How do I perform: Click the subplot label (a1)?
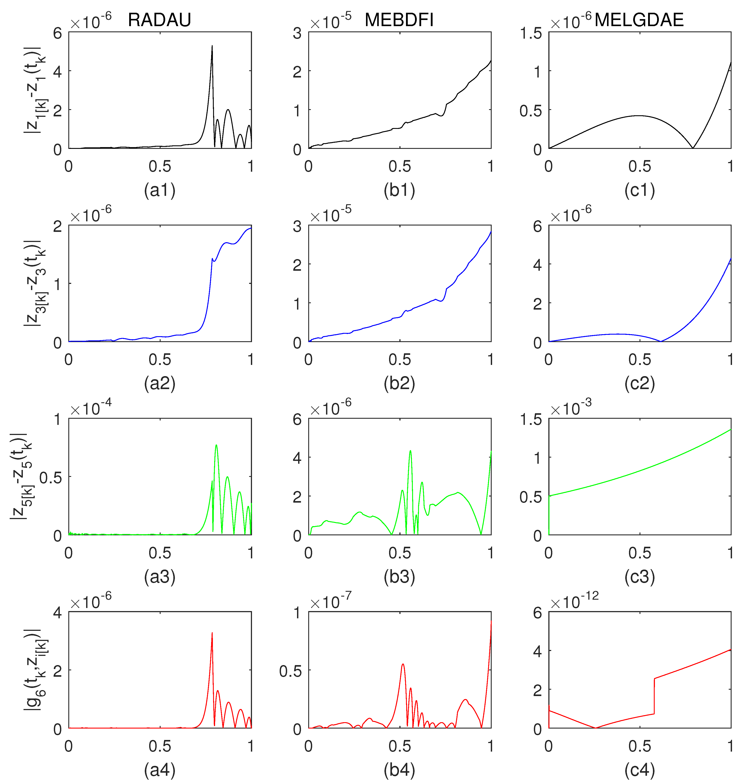tap(160, 190)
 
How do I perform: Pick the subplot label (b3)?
tap(399, 577)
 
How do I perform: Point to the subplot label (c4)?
tap(639, 770)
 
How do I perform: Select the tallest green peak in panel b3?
tap(410, 451)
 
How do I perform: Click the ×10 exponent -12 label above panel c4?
tap(574, 602)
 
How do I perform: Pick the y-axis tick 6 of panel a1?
tap(58, 33)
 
